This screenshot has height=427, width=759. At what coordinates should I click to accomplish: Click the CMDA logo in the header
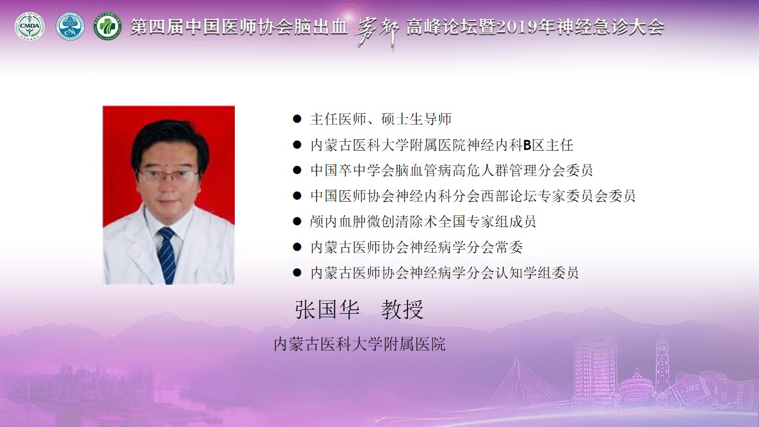(30, 27)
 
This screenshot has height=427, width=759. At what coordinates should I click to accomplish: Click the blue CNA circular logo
(70, 27)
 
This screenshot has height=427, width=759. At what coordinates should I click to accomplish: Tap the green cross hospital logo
(108, 27)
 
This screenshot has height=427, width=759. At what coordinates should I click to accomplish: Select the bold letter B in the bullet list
(527, 145)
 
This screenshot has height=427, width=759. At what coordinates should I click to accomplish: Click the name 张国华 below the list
(327, 310)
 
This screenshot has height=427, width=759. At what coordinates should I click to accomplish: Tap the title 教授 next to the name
(403, 310)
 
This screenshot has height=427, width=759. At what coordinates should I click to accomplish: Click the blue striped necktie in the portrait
(167, 255)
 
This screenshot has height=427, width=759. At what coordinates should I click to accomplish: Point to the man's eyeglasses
(168, 176)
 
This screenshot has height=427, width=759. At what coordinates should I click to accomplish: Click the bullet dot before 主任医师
(297, 119)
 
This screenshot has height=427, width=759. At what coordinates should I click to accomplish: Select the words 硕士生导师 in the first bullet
(416, 119)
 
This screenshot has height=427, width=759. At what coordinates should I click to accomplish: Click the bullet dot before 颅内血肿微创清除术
(297, 222)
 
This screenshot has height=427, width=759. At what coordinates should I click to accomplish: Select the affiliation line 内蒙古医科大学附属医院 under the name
(360, 344)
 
